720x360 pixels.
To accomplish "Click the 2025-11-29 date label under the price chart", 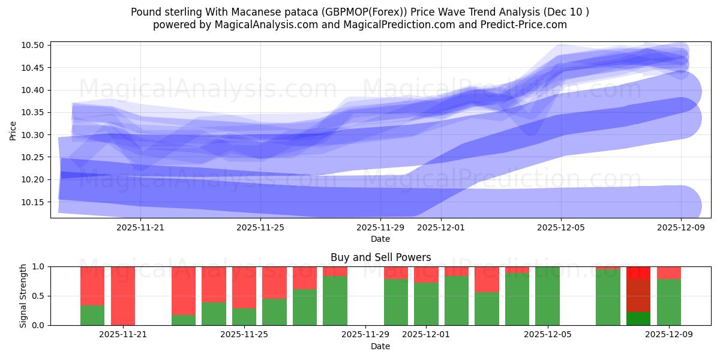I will click(380, 227).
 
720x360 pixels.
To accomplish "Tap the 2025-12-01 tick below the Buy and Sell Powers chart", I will click(425, 334).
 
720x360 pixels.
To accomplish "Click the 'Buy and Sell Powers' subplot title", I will click(380, 257).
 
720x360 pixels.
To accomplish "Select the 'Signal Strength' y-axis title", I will click(23, 296).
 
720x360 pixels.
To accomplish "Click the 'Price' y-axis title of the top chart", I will click(13, 130).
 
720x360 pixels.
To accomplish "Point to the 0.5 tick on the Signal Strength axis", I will click(38, 296).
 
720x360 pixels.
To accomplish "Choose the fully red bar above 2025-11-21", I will click(123, 296).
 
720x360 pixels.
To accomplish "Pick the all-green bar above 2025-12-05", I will click(547, 296).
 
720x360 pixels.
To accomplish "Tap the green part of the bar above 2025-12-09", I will click(668, 302).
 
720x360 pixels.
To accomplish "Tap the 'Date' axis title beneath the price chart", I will click(380, 239).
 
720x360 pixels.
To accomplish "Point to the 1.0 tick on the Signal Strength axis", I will click(38, 266).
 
